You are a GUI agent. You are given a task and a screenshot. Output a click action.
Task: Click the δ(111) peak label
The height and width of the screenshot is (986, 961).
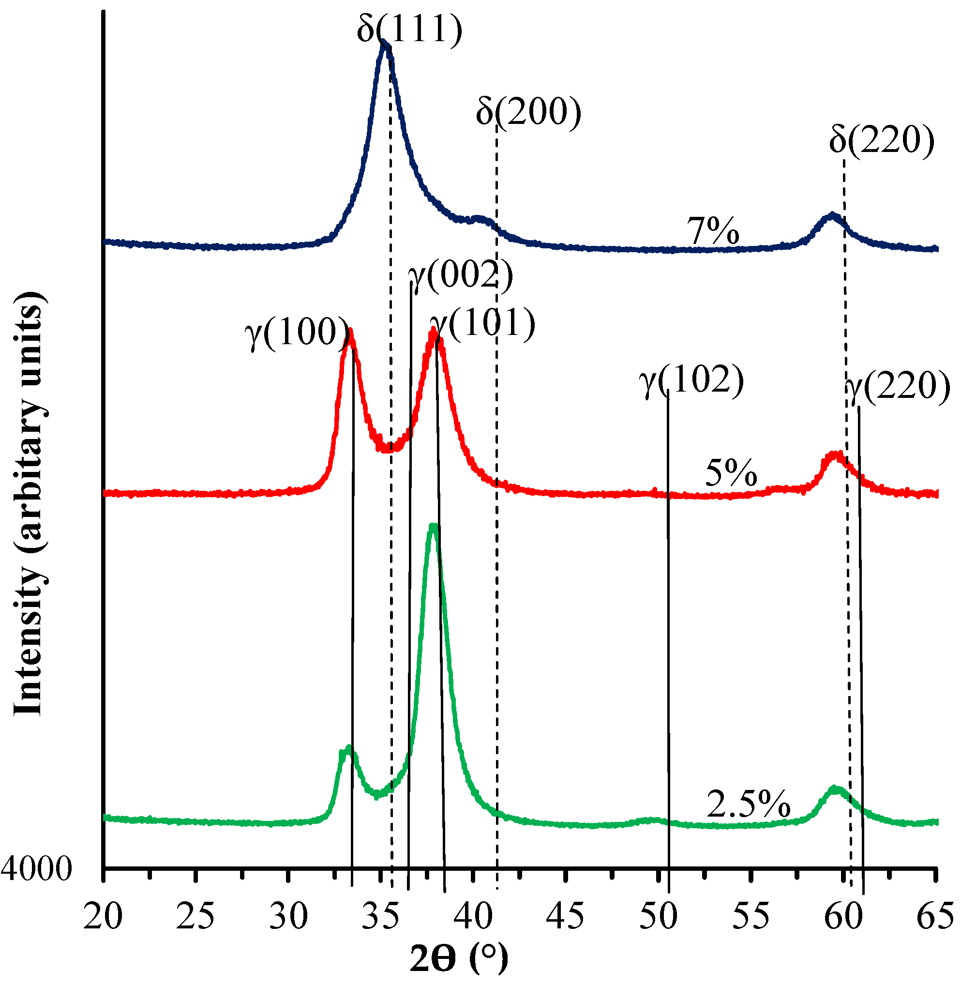click(409, 29)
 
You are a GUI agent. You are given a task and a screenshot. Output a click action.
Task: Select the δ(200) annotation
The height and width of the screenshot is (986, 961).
click(528, 112)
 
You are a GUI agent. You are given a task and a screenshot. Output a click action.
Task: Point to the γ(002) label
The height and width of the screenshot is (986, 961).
click(460, 275)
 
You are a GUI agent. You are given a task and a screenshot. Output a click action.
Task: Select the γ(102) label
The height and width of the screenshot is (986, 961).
click(691, 379)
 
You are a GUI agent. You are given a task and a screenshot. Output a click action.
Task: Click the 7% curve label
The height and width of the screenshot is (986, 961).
click(713, 231)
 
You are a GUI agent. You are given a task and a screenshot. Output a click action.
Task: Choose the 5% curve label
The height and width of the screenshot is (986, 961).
click(731, 473)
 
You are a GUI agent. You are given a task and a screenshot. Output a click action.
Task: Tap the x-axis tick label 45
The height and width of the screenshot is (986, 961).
click(565, 916)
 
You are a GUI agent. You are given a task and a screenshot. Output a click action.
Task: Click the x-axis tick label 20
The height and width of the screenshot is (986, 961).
click(103, 916)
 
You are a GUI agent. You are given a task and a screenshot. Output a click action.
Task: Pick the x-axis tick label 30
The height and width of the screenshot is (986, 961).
click(288, 916)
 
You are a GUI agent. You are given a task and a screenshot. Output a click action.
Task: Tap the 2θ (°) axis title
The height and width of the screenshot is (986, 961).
click(458, 959)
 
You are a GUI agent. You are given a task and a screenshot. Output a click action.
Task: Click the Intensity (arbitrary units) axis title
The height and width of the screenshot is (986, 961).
click(28, 503)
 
